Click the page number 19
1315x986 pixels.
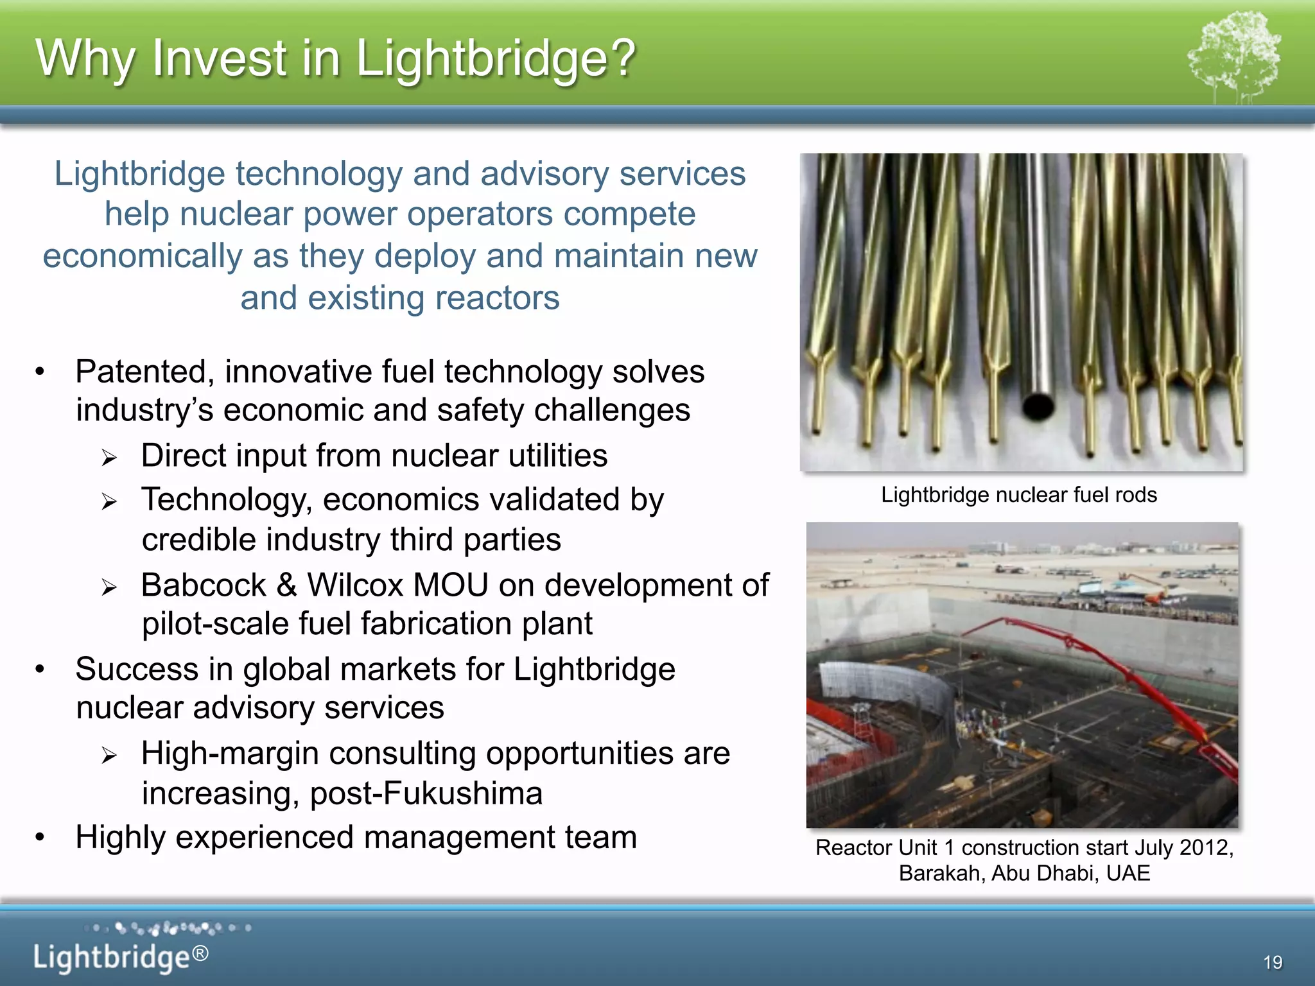pos(1273,962)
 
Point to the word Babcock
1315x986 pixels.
pos(204,585)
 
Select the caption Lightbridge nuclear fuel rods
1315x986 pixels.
pos(1019,495)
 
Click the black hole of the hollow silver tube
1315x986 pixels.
pos(1037,406)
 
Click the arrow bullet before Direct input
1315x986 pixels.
pos(109,458)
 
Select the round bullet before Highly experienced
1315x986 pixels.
pos(40,837)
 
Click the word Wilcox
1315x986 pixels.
pos(355,585)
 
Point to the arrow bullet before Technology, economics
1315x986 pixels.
pos(109,502)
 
